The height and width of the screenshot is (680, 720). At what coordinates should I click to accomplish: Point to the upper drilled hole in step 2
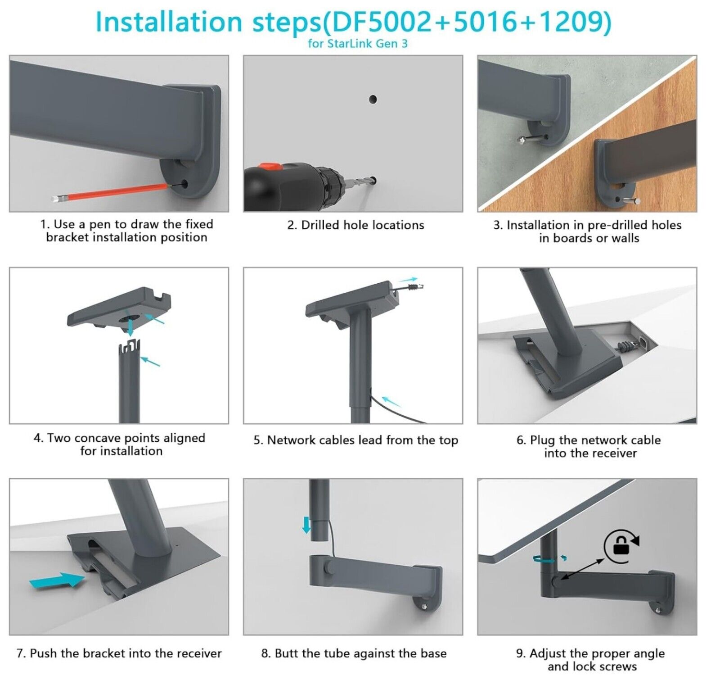pos(373,99)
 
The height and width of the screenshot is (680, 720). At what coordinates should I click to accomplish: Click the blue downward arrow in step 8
pos(306,525)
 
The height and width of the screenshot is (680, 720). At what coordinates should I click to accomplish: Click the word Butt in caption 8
pos(286,653)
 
